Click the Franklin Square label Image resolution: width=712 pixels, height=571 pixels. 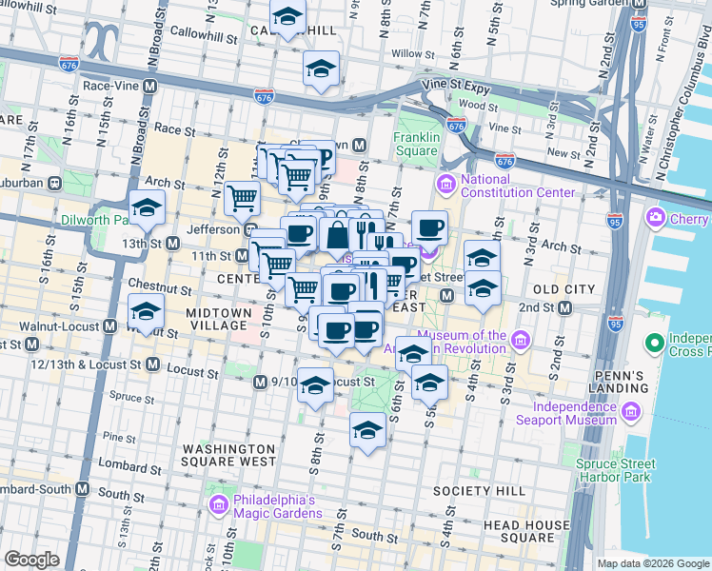(x=417, y=144)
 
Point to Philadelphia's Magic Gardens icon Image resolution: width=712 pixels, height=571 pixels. (x=217, y=503)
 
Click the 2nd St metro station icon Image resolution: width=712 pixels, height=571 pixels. (x=565, y=307)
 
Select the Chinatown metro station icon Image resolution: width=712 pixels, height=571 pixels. (x=359, y=146)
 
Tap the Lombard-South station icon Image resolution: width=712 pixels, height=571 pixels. (x=83, y=489)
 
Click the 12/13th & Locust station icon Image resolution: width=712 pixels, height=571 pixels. (x=152, y=364)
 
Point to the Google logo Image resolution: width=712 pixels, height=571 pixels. (x=32, y=560)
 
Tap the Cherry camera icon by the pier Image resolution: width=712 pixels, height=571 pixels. (x=656, y=218)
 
